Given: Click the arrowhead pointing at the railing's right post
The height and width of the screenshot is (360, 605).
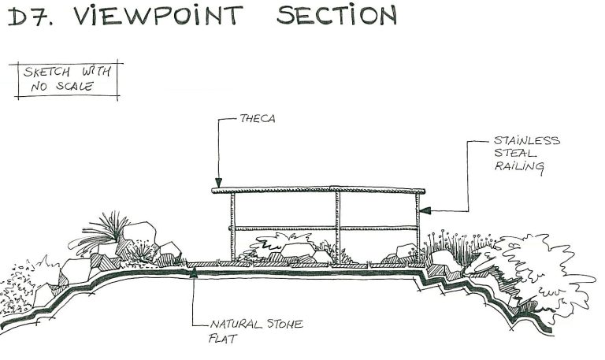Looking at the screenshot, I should point(424,210).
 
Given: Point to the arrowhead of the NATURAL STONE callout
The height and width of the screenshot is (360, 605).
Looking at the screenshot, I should point(194,273).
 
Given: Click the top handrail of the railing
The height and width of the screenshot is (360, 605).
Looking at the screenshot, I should point(318,191).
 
